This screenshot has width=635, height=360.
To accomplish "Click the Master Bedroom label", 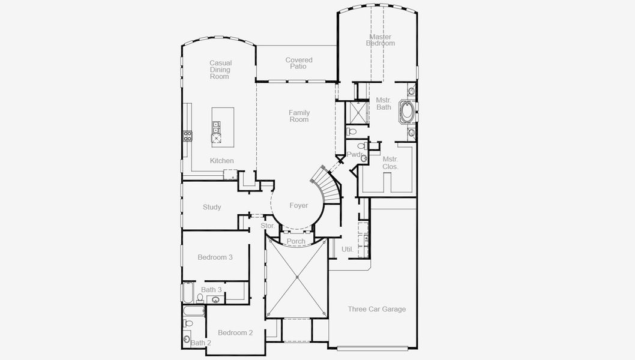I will coord(381,40).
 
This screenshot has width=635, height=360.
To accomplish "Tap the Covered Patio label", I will coord(299,63).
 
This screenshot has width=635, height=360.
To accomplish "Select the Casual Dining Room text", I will coord(220,70).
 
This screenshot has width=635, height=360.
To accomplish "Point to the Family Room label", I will coord(299,116).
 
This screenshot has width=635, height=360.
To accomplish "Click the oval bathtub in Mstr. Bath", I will coord(408,111).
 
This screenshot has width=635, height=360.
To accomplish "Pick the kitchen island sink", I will coord(216,127).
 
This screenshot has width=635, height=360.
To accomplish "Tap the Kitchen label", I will coord(221,161).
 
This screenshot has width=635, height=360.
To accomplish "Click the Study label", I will coord(212,207).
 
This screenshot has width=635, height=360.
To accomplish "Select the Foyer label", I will coord(299,206).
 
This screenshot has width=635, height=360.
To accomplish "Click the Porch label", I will coord(296,241).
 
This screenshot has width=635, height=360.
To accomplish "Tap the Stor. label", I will coord(268,226).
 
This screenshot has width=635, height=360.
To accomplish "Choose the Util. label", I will coord(347,248).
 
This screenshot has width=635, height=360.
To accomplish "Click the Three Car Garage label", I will coord(377,309).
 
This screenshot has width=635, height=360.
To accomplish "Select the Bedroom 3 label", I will coord(215,257).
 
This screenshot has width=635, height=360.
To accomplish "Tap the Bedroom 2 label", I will coord(235,332).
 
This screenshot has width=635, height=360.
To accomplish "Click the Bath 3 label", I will coord(211,290).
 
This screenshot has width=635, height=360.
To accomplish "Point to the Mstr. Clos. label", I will coord(391,163).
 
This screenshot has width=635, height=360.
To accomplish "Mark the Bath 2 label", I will coord(201,343).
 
